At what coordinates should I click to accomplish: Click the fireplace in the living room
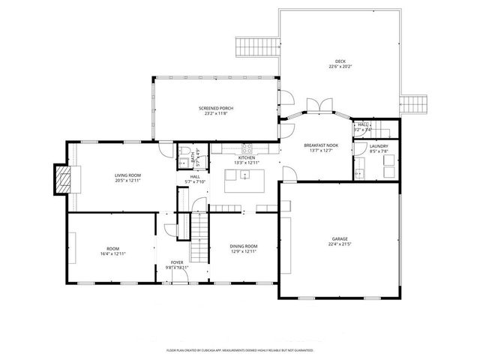62,178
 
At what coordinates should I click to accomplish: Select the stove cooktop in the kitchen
246,148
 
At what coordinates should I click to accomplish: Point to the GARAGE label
340,239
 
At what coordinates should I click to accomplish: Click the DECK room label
340,61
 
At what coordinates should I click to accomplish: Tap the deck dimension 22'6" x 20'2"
340,67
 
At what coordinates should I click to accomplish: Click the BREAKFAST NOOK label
321,145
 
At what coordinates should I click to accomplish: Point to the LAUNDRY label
379,145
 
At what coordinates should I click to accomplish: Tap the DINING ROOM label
243,246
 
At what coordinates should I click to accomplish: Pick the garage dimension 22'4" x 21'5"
340,244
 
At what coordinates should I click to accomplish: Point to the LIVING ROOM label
127,175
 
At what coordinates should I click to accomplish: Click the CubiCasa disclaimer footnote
240,350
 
